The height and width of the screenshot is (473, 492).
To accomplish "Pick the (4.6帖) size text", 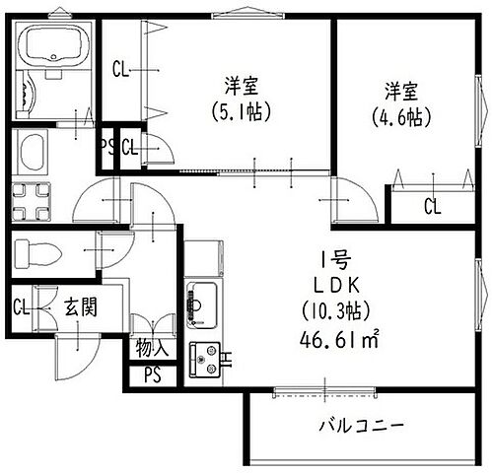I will [x=401, y=117].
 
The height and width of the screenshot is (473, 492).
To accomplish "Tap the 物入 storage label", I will [x=153, y=348].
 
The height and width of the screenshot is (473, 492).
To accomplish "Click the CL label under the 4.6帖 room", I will [x=432, y=206].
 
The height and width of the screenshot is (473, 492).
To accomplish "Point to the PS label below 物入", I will [x=152, y=374].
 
